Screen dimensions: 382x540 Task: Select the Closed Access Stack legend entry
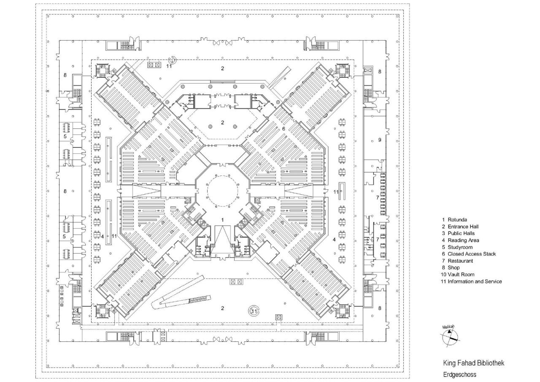click(x=468, y=254)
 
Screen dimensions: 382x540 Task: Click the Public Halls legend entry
click(x=461, y=233)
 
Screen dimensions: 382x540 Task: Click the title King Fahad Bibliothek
click(x=473, y=363)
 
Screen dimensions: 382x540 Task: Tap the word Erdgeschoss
click(x=459, y=374)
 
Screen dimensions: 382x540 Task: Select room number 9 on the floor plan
click(x=380, y=140)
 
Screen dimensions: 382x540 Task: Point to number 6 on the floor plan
click(x=284, y=128)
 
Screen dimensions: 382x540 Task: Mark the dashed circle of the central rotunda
click(x=222, y=191)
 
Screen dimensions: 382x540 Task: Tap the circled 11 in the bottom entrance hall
click(x=254, y=311)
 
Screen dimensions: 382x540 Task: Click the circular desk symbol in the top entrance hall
click(x=173, y=60)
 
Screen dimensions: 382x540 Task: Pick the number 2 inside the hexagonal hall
click(x=223, y=123)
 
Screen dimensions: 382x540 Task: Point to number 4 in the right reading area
click(x=335, y=240)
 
